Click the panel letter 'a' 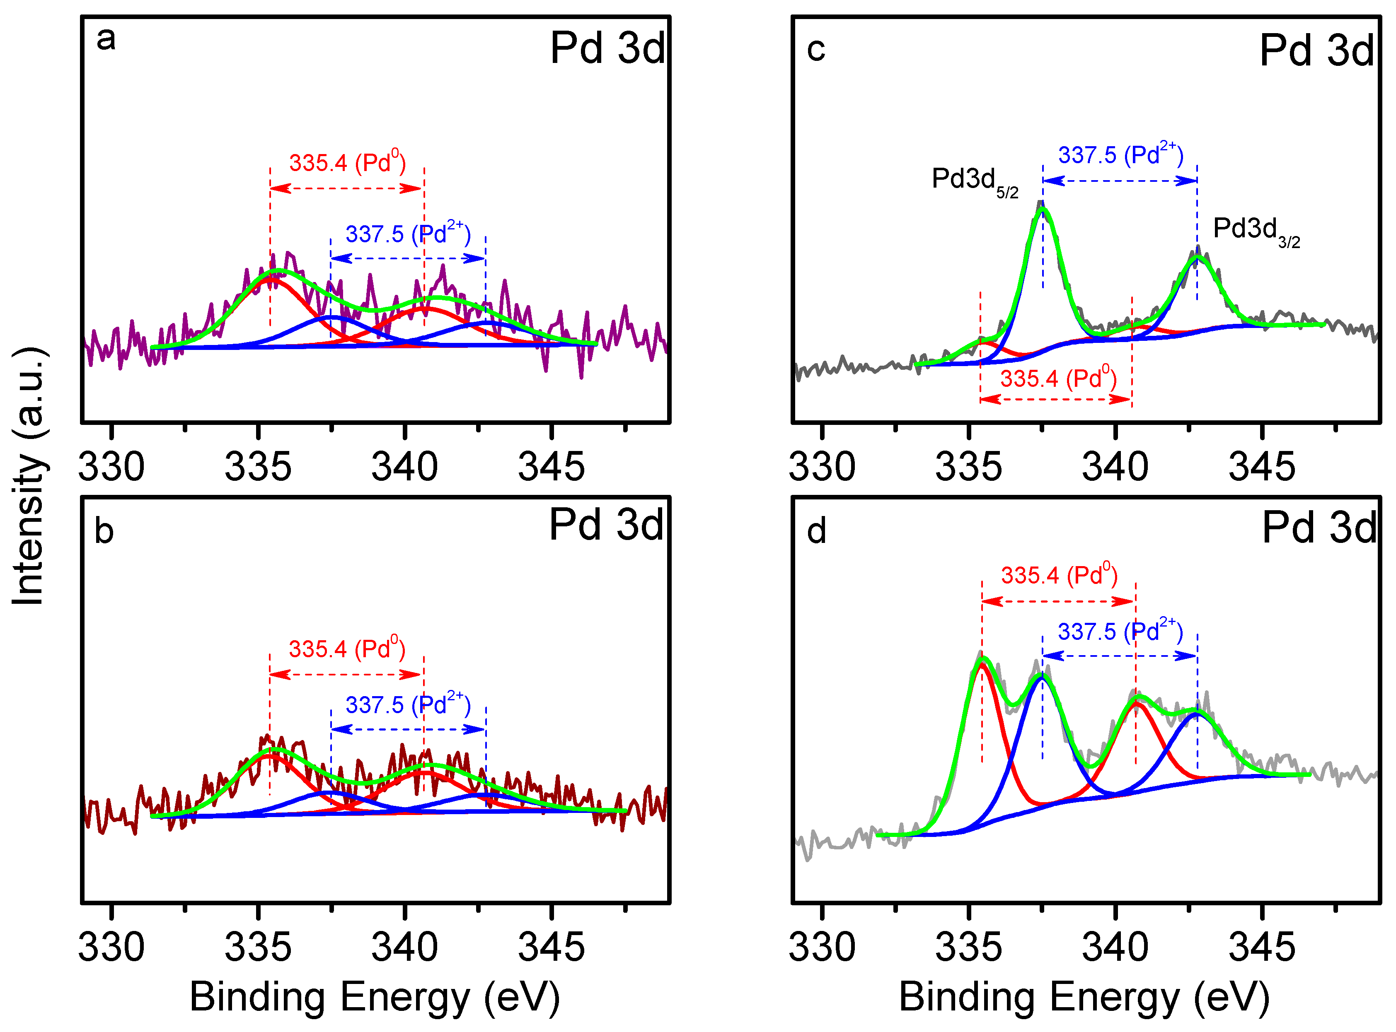coord(106,39)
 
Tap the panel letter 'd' coord(816,532)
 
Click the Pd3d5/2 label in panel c coord(974,181)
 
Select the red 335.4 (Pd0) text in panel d coord(1059,575)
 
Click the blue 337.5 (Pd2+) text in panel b coord(407,705)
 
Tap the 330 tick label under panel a coord(111,467)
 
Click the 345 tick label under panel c coord(1262,467)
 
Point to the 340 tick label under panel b coord(404,947)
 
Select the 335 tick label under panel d coord(968,947)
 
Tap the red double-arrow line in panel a coord(347,188)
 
